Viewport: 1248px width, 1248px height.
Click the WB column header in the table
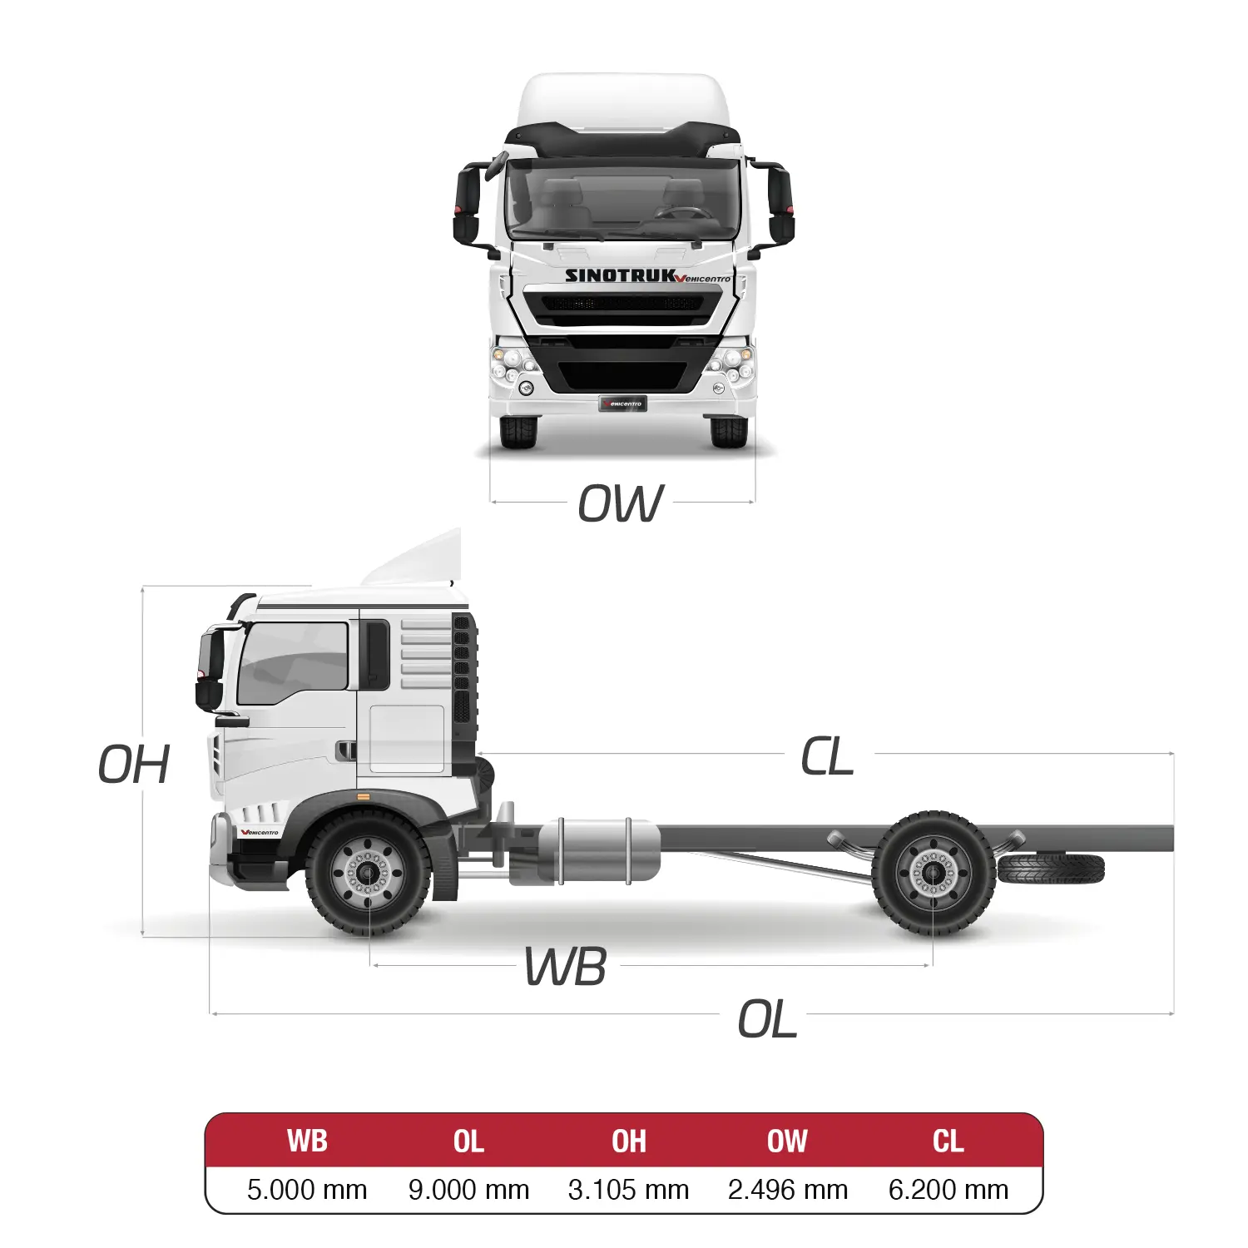coord(307,1141)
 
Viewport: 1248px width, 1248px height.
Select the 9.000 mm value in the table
coord(468,1190)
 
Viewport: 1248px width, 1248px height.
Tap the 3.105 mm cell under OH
coord(628,1190)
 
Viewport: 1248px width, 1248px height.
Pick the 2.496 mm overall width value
coord(788,1190)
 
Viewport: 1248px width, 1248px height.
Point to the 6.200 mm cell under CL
coord(948,1190)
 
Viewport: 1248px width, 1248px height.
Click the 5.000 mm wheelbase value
coord(307,1190)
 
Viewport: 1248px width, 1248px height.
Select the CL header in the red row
coord(948,1141)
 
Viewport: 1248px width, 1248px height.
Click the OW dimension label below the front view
coord(621,503)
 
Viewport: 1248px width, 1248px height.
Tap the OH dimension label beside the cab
coord(134,765)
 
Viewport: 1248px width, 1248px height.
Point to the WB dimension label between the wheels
coord(566,967)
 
